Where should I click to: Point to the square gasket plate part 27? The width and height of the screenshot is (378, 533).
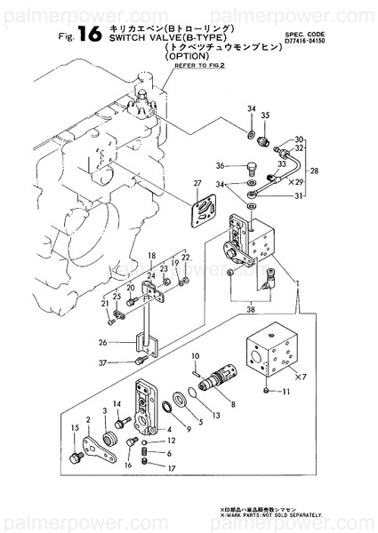204,210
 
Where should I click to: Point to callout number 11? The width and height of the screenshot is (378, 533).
286,392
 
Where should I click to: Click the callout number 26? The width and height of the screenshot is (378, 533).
102,343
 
